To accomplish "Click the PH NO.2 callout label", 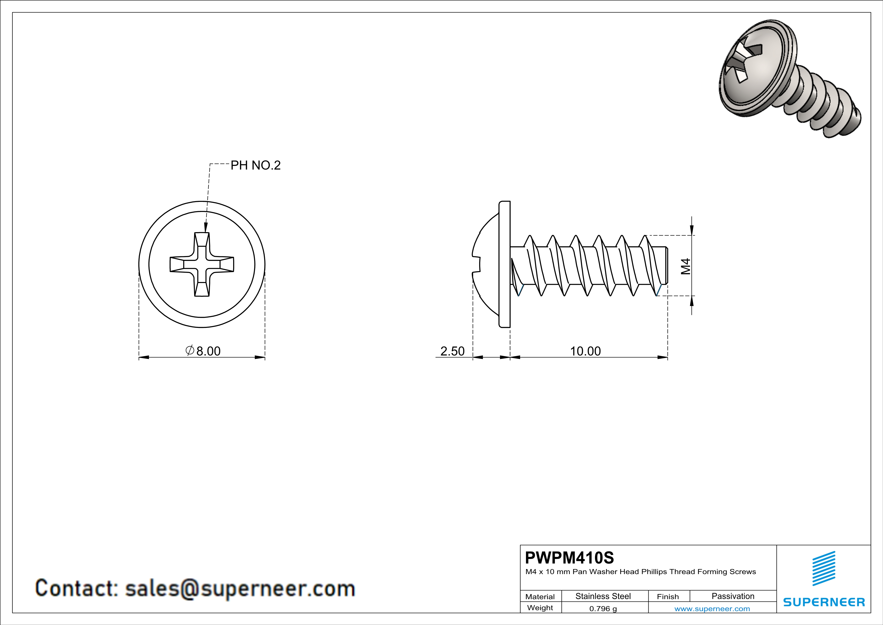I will point(255,166).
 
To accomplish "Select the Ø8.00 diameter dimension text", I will point(203,351).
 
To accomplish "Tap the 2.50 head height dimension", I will point(452,351).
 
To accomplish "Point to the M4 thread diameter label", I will point(686,266).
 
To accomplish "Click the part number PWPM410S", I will point(569,558).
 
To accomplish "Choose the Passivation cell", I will point(733,596).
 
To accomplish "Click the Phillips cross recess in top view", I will point(202,264).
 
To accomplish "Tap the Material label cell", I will point(540,597).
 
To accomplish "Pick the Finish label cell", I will point(668,597).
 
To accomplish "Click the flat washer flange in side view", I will point(505,264).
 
